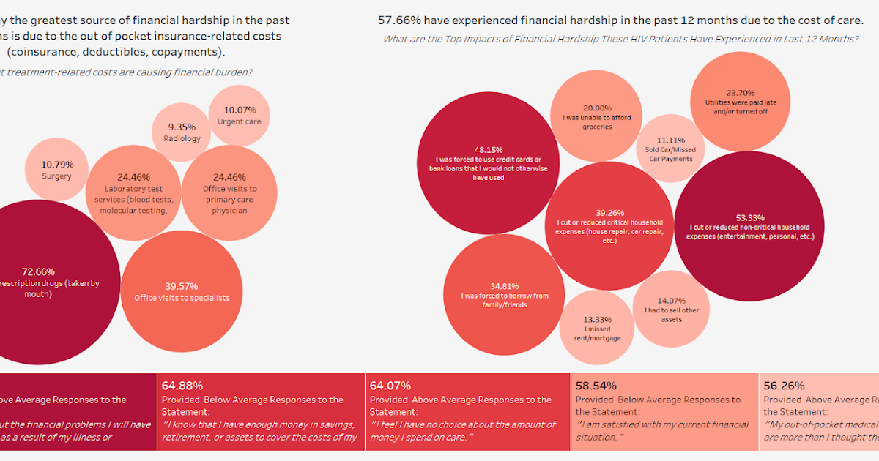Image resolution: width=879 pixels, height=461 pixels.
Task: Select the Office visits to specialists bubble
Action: tap(182, 291)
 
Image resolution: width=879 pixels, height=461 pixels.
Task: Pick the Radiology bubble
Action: tap(182, 132)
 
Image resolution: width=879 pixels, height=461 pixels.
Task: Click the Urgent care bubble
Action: tap(239, 115)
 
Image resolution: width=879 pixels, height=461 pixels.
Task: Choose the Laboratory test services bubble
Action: tap(133, 193)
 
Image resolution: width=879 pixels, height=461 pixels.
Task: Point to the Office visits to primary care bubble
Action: tap(229, 193)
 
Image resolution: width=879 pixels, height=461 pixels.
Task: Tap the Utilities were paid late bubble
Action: tap(740, 102)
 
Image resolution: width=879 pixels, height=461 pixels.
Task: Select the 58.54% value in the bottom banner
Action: tap(596, 385)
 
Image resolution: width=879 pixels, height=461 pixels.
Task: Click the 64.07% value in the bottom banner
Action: tap(390, 385)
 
